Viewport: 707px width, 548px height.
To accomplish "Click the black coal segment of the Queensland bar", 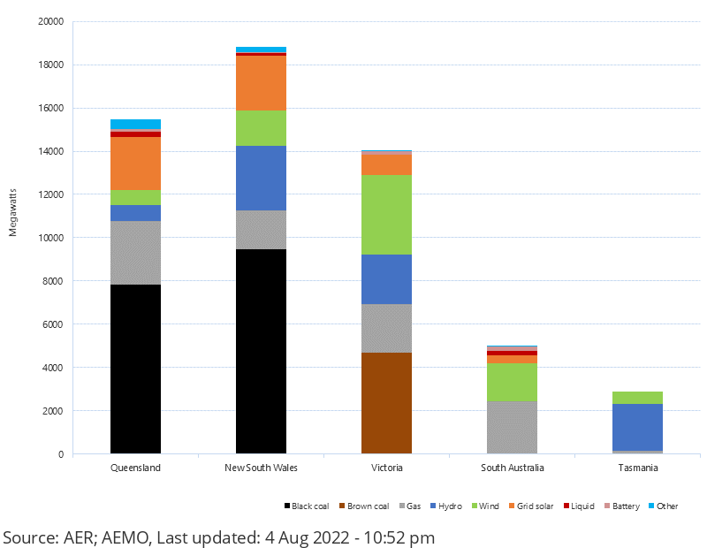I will click(135, 369).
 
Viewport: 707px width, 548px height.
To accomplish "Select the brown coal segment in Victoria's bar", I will click(386, 403).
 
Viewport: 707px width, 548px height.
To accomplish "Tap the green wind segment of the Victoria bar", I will click(386, 215).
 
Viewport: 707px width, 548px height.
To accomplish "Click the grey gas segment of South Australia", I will click(512, 427).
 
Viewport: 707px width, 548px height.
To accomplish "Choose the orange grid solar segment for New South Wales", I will click(261, 83).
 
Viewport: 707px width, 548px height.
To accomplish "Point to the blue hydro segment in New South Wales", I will click(261, 178).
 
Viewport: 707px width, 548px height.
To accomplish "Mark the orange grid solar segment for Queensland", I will click(135, 164).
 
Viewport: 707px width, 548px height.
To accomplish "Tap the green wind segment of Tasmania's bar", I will click(637, 398).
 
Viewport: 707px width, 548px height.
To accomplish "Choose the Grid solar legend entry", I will click(533, 506).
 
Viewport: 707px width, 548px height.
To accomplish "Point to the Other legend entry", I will click(667, 506).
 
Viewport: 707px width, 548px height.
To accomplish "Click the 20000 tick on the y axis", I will click(50, 22).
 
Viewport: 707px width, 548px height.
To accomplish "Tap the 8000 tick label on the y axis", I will click(53, 281).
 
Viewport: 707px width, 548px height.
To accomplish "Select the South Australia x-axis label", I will click(512, 468).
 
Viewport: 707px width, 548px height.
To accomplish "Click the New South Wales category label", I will click(261, 468).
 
